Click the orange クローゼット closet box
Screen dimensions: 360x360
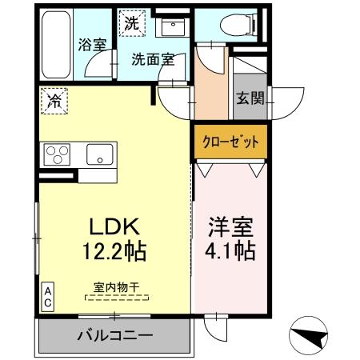tap(229, 142)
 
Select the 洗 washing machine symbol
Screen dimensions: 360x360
tap(131, 22)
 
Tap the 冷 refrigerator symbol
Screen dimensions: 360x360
tap(54, 101)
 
